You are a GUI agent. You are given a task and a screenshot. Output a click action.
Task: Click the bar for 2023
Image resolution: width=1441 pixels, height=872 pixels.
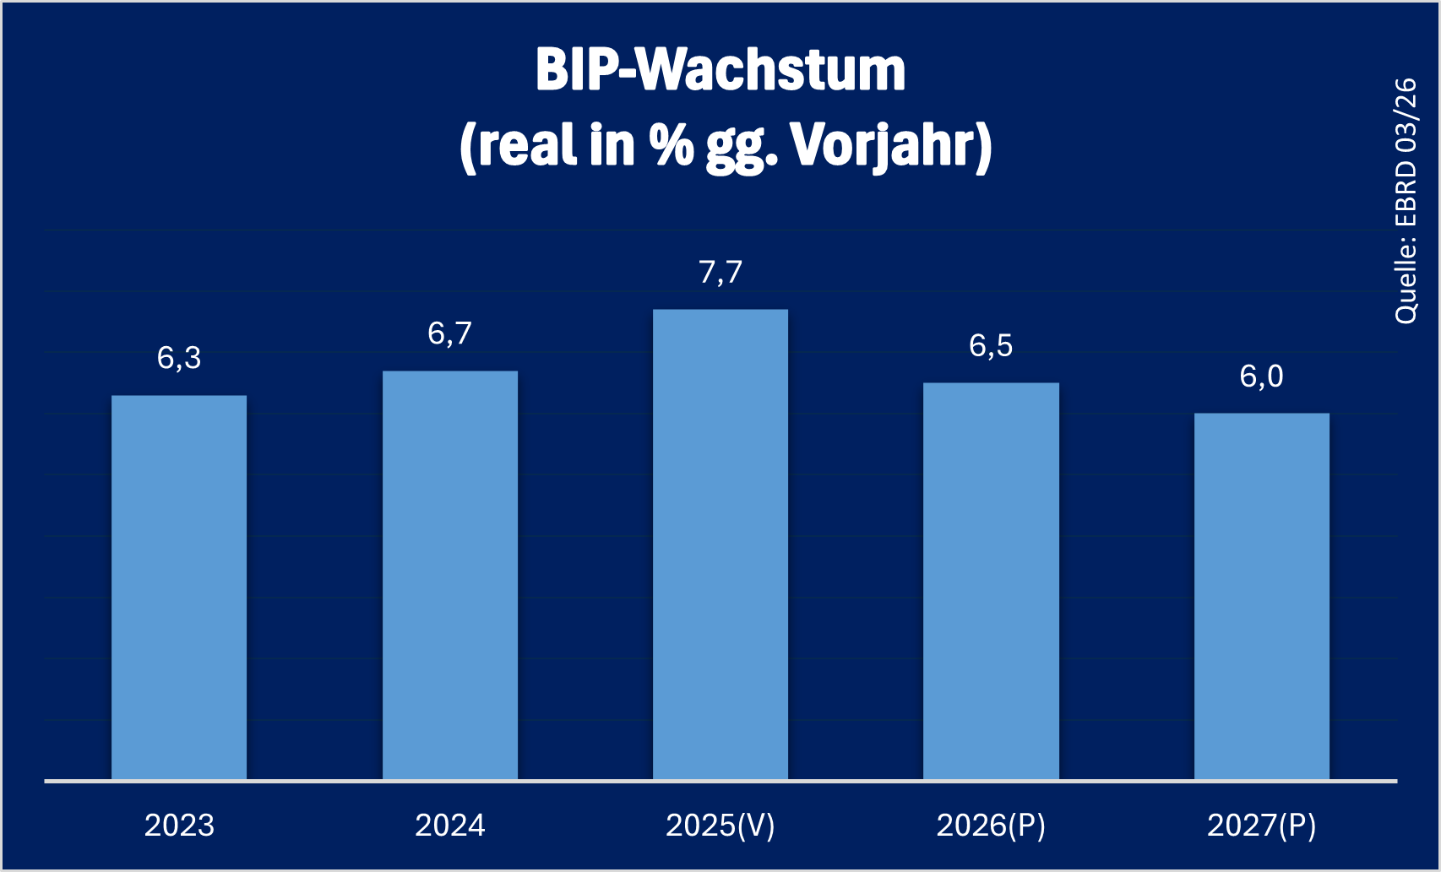[x=179, y=587]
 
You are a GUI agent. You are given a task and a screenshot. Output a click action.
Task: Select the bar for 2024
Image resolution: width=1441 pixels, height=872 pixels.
[x=450, y=575]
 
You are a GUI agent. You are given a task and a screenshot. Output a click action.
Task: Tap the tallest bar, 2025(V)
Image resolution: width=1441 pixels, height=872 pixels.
[x=720, y=544]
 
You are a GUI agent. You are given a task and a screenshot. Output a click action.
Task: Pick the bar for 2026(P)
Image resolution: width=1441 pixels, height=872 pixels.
[x=991, y=581]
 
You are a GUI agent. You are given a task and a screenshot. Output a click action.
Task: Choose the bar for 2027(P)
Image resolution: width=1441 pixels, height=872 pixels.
[x=1262, y=596]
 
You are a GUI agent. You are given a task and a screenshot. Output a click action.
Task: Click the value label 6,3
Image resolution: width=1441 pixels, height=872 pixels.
[x=179, y=358]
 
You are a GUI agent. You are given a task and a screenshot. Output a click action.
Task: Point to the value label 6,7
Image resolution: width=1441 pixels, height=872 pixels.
[x=450, y=333]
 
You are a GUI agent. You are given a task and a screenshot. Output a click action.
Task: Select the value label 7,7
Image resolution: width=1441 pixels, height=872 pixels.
[x=720, y=272]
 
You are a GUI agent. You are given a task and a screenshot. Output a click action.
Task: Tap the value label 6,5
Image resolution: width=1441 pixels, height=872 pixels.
[x=991, y=345]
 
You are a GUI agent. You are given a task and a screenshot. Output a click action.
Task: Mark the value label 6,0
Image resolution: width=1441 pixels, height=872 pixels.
[x=1262, y=376]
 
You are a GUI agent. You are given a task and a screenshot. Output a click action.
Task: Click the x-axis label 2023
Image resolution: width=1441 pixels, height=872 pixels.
[x=179, y=825]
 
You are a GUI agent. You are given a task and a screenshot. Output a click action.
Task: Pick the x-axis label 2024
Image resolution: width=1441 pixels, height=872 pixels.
[x=450, y=825]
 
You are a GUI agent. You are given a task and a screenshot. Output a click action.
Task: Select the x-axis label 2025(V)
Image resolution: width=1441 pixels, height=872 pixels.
[x=720, y=825]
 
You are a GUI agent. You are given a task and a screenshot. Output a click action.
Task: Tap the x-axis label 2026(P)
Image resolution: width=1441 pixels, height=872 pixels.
[x=991, y=825]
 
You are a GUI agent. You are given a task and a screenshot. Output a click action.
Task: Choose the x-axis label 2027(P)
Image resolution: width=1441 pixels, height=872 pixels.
[x=1262, y=825]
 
